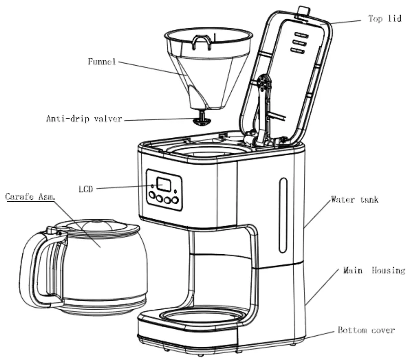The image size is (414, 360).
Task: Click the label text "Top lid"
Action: click(385, 19)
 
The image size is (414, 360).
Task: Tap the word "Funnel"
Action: click(102, 61)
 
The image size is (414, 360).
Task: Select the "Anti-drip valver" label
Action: click(84, 119)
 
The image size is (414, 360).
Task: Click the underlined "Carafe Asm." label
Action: click(30, 197)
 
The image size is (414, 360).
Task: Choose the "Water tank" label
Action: click(354, 199)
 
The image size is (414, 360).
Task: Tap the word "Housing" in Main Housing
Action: click(388, 270)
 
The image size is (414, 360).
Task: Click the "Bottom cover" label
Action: click(366, 330)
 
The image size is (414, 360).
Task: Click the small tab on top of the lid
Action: click(303, 12)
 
